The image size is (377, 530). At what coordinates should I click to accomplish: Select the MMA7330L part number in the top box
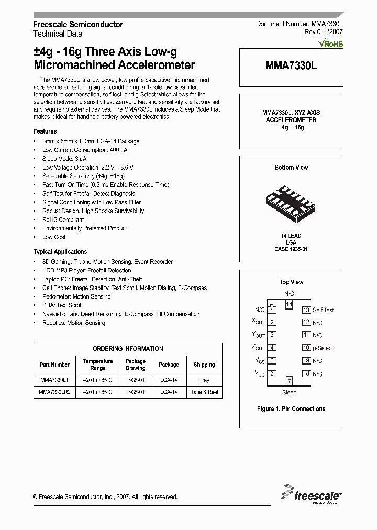pos(291,66)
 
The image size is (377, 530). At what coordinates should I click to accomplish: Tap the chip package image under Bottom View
pos(291,200)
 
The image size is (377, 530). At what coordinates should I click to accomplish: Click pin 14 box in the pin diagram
pos(289,304)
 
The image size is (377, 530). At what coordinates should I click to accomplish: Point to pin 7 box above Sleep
pos(289,381)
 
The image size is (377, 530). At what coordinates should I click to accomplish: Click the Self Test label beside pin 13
pos(323,310)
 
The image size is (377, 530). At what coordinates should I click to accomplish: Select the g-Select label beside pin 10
pos(323,348)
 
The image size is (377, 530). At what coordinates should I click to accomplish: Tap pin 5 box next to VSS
pos(272,361)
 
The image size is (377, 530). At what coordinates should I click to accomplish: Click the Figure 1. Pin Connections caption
pos(291,408)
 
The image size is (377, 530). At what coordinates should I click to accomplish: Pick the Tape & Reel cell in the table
pos(204,392)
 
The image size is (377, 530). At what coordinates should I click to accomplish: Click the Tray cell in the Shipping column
pos(204,380)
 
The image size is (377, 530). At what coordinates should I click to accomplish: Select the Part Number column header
pos(54,365)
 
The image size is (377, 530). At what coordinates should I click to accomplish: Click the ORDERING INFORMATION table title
pos(128,349)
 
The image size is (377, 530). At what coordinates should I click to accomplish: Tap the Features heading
pos(45,131)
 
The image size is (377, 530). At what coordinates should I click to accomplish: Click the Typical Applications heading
pos(60,252)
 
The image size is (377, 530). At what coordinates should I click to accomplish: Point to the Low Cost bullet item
pos(54,237)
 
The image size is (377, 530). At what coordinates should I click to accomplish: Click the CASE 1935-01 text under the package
pos(291,249)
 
